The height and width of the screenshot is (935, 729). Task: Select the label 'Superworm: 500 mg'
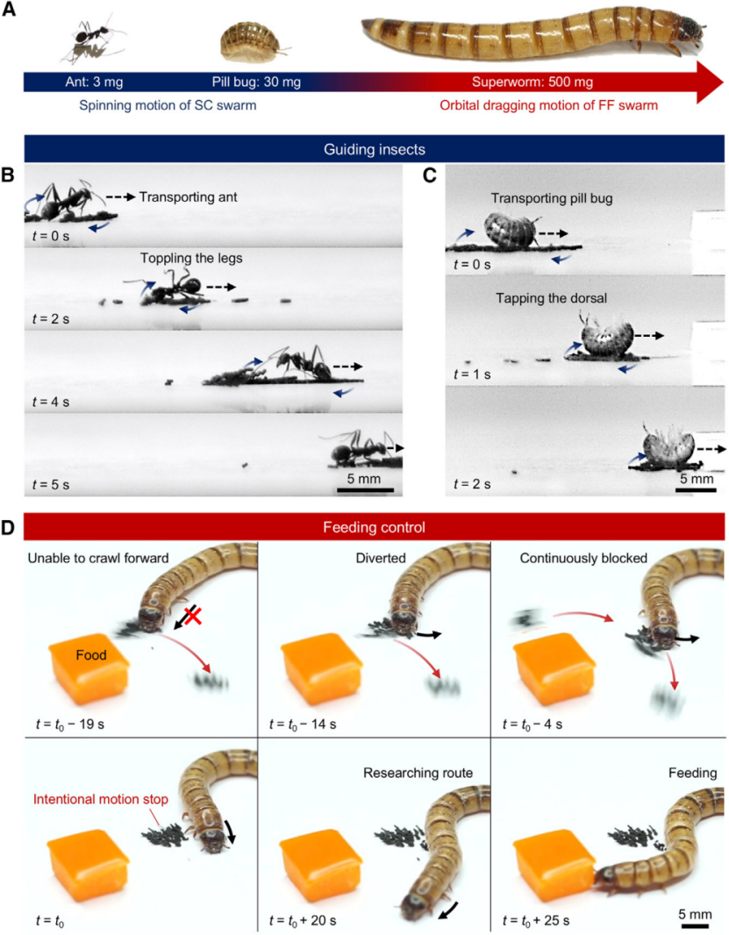tap(532, 82)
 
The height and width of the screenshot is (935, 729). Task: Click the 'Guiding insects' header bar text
tap(374, 149)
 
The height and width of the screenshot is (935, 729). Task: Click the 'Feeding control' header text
tap(374, 527)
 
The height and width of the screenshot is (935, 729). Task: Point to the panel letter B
tap(8, 175)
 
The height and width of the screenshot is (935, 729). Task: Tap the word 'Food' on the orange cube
tap(91, 654)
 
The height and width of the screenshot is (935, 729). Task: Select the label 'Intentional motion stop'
tap(101, 799)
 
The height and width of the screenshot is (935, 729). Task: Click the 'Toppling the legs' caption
tap(191, 258)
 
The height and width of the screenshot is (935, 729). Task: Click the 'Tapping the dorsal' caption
tap(551, 298)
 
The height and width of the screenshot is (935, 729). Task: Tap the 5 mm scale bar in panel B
tap(365, 490)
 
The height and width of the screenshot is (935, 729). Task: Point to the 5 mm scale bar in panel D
tap(695, 925)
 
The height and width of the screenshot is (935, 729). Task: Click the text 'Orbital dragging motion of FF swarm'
tap(549, 105)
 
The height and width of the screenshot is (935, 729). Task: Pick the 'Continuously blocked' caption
tap(583, 558)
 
